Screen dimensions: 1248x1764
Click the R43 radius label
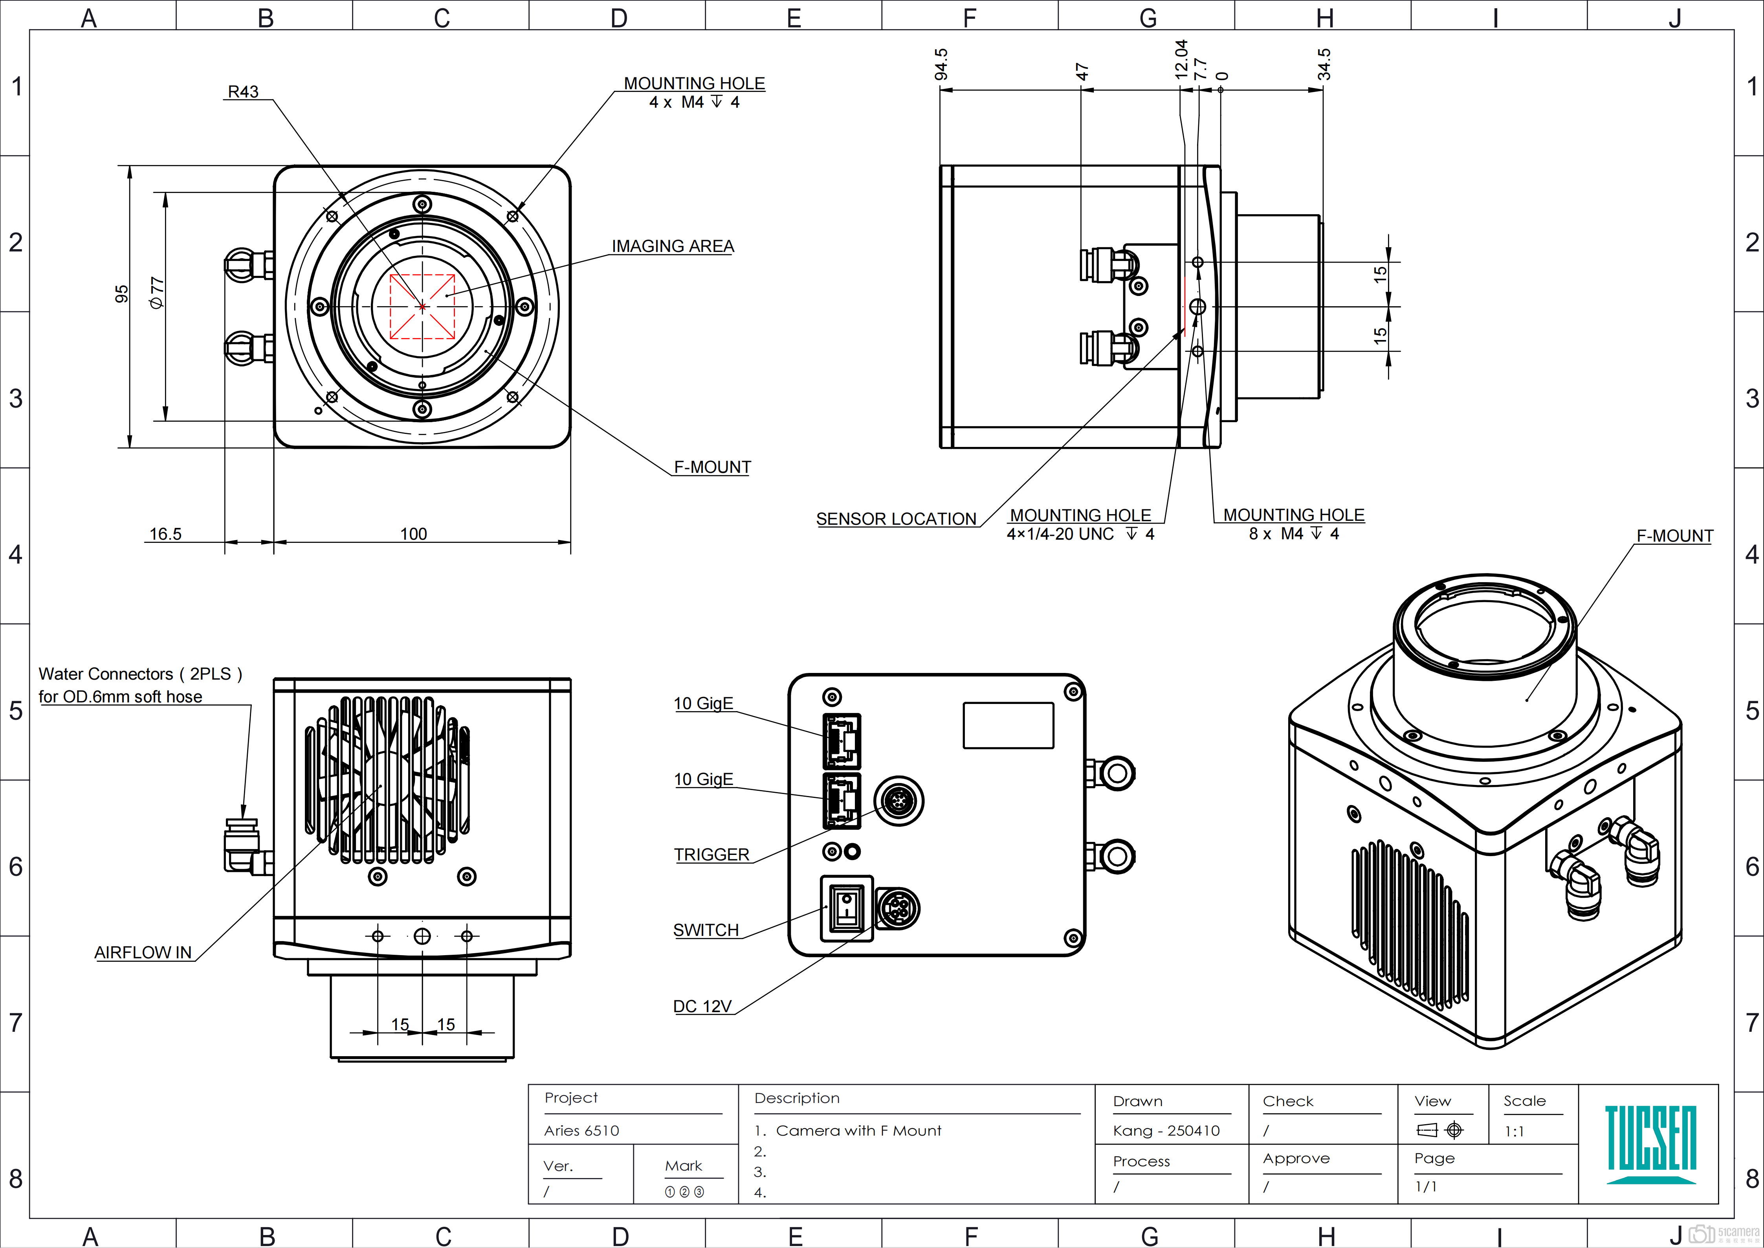click(243, 92)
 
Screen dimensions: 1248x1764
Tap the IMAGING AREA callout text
click(672, 246)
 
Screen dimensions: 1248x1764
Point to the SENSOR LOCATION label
click(896, 520)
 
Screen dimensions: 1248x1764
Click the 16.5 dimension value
click(165, 534)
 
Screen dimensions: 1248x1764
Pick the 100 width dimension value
click(413, 534)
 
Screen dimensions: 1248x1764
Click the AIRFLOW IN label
click(143, 953)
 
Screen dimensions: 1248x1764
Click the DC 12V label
click(702, 1007)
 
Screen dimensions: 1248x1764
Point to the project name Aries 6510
click(581, 1130)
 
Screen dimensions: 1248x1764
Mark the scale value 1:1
click(1514, 1131)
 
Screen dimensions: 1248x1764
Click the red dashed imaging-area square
click(422, 307)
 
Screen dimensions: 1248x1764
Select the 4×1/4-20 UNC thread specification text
click(1060, 534)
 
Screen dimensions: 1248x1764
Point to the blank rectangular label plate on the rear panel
click(1008, 725)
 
